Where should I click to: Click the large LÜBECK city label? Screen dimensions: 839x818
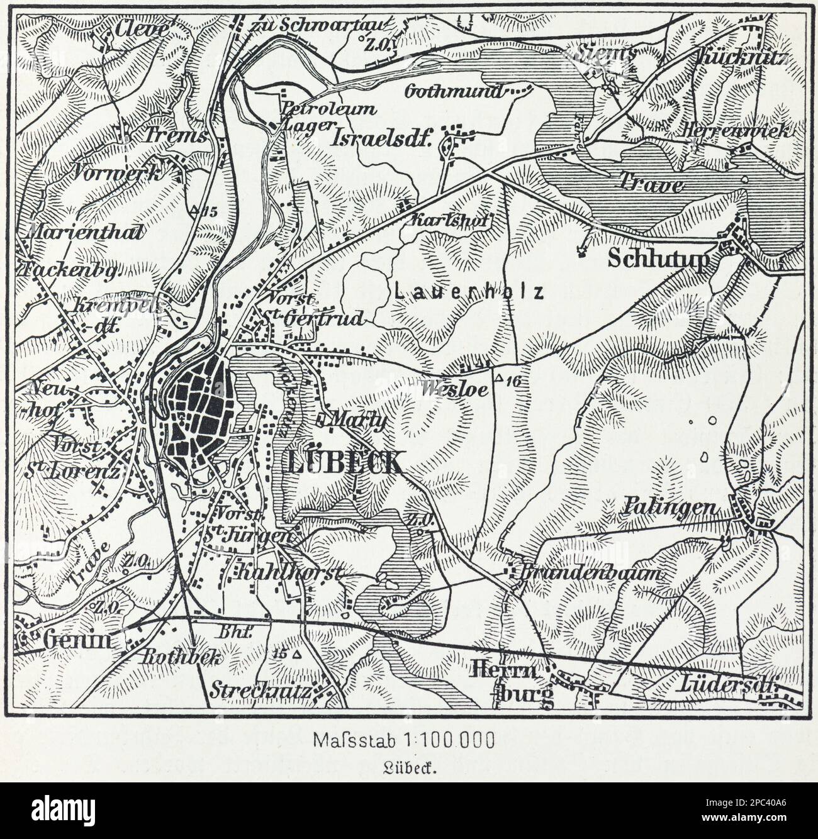pos(344,462)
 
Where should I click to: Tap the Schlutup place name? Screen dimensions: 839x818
pos(658,259)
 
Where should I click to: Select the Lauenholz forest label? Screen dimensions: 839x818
pos(469,292)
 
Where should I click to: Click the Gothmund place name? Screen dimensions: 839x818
pos(456,92)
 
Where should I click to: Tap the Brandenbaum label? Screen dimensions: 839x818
pos(591,574)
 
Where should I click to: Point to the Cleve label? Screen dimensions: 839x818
pos(133,29)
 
